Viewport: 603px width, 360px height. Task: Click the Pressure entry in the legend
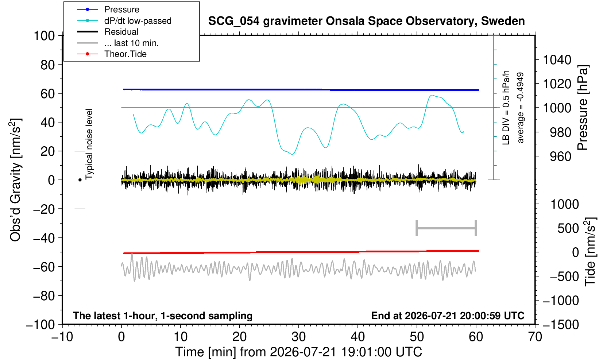coord(122,10)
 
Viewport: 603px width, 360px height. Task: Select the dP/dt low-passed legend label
coord(138,21)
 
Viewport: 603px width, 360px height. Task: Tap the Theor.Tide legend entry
coord(125,54)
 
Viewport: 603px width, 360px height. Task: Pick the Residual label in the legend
coord(121,32)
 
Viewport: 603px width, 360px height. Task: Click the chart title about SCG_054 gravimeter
coord(366,21)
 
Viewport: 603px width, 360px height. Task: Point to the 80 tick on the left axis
coord(48,65)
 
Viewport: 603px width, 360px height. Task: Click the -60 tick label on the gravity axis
coord(44,267)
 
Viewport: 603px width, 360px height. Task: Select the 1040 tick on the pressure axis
coord(557,60)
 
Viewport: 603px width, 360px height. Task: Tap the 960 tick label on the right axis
coord(560,156)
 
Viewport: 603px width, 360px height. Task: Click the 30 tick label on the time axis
coord(298,337)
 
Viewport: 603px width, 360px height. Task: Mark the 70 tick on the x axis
coord(535,337)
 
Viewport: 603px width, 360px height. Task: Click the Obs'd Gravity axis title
coord(16,180)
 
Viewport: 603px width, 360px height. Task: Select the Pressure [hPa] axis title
coord(583,108)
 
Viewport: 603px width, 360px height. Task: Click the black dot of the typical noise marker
coord(80,180)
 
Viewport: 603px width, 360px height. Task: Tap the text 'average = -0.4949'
coord(520,108)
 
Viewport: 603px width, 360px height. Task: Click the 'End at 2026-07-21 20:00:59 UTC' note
coord(448,316)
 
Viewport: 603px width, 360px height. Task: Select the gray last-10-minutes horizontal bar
coord(447,228)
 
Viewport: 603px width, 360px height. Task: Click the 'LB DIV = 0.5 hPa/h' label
coord(506,108)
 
